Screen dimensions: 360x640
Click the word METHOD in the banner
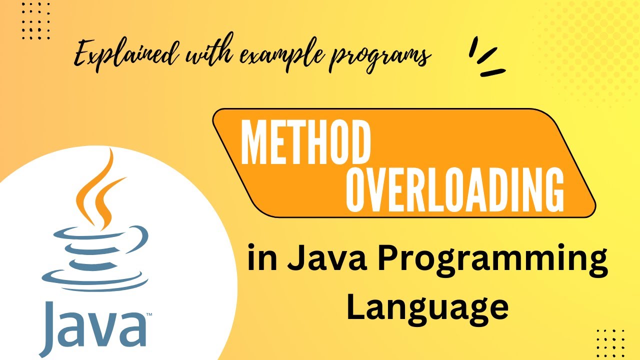click(x=305, y=144)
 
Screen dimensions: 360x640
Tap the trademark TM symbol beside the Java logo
click(x=149, y=315)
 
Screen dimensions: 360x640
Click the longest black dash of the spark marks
click(x=493, y=72)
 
